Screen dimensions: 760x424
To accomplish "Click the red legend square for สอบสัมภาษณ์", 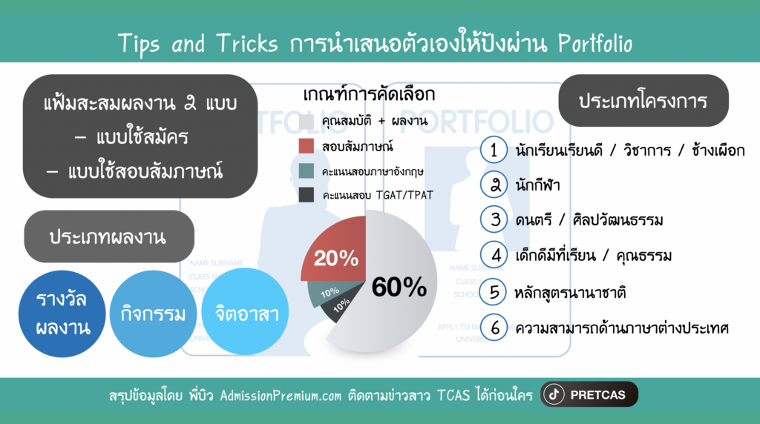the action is click(x=307, y=146).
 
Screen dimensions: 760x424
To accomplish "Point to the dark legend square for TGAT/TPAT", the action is click(x=307, y=194).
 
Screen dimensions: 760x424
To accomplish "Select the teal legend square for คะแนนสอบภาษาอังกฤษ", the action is click(x=307, y=170).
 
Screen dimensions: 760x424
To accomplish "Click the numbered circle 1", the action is click(x=494, y=150).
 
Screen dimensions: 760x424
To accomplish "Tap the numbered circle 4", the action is click(x=494, y=254).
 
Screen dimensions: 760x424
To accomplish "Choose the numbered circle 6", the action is click(x=494, y=328).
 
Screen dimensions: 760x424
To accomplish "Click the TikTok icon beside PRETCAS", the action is click(x=554, y=394).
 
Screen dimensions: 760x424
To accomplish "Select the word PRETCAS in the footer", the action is click(x=597, y=395).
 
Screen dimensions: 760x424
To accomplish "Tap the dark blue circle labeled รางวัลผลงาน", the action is click(x=62, y=314).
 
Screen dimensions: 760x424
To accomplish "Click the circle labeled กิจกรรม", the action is click(x=153, y=314).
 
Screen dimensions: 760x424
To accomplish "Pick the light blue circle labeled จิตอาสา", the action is click(x=245, y=312).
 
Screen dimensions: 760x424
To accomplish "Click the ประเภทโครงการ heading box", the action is click(x=643, y=101).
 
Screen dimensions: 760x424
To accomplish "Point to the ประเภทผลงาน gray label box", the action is click(x=109, y=236).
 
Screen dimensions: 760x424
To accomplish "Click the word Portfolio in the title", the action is click(x=595, y=44).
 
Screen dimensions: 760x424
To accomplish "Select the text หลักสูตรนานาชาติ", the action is click(x=570, y=292).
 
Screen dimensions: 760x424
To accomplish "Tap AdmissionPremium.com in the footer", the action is click(x=281, y=396).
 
